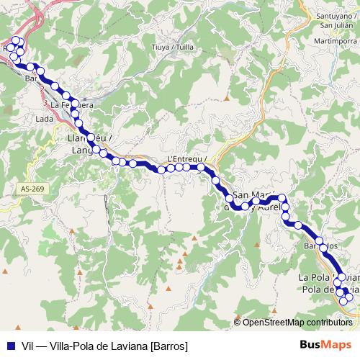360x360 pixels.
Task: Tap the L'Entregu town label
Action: [186, 159]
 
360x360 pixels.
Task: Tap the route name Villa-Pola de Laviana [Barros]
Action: [118, 346]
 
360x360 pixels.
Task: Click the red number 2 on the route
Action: [43, 89]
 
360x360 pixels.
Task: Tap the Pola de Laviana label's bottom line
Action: [324, 289]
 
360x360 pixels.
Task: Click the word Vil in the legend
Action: [29, 346]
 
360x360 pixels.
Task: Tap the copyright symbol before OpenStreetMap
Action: [238, 323]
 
